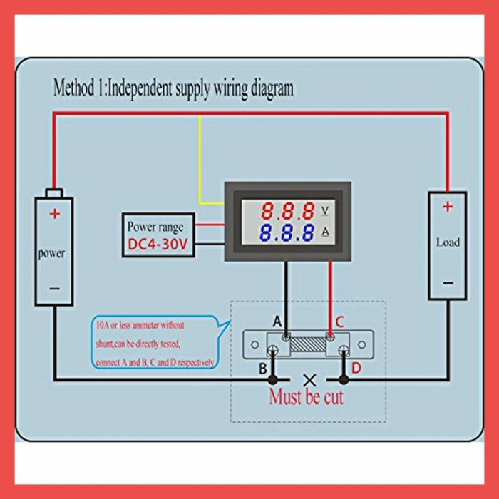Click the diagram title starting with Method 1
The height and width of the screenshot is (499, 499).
point(173,88)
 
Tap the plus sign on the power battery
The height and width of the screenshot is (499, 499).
point(54,213)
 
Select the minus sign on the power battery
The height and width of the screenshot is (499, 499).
point(54,288)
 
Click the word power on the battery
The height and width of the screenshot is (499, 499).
point(51,253)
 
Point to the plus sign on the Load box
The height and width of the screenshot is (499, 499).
point(447,207)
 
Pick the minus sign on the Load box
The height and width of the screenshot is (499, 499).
point(447,283)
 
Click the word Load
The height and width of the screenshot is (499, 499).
point(448,242)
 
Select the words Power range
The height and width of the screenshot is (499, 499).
point(155,227)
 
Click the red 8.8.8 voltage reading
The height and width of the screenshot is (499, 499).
point(287,211)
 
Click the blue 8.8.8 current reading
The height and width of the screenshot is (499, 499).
point(287,232)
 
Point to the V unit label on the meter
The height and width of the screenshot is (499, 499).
point(326,211)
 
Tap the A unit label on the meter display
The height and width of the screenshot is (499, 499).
point(326,232)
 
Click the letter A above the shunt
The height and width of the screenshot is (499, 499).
point(277,321)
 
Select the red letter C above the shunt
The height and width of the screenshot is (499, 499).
point(339,321)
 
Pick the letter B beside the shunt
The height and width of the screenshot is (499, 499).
point(262,369)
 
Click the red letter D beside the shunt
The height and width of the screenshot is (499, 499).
point(356,368)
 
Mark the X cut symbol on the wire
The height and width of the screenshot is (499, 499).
point(309,379)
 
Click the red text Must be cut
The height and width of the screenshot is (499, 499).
point(306,397)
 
